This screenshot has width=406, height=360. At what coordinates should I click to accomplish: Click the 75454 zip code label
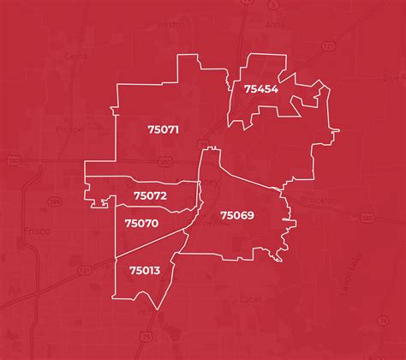260,89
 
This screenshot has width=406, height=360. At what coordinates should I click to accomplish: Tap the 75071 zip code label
162,129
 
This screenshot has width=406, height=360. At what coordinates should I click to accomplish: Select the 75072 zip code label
150,195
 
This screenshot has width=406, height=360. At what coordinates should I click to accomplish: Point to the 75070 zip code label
141,223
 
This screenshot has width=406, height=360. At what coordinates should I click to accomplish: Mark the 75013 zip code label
145,270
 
